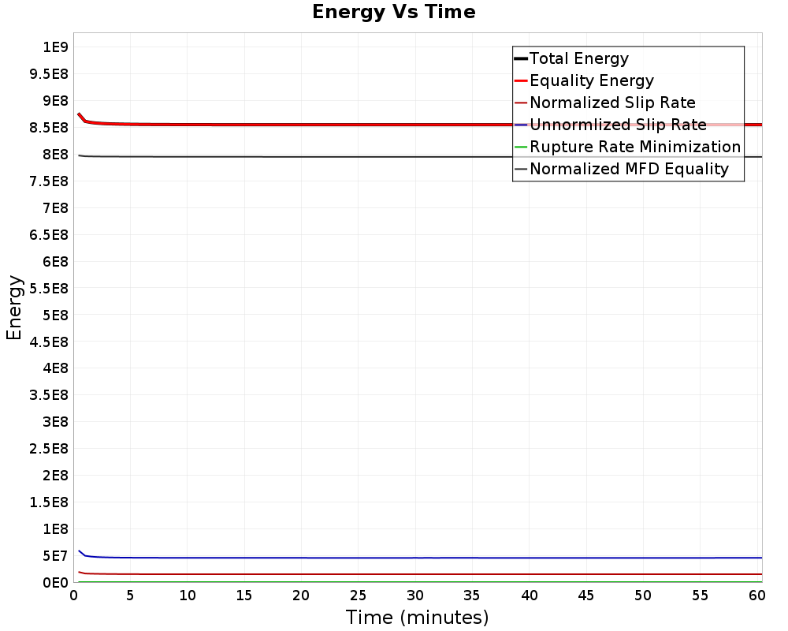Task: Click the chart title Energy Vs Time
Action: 394,13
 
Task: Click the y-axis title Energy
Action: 14,308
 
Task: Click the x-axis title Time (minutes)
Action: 417,617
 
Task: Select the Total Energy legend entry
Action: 578,58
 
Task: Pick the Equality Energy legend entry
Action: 591,80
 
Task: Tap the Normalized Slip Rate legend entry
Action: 612,103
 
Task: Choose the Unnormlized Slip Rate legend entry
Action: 617,125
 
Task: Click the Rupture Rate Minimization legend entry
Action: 634,147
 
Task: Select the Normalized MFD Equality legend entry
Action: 629,169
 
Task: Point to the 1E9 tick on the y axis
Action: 56,47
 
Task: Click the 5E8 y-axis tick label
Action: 56,315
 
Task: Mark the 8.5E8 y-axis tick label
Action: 49,128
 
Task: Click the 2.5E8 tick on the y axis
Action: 49,449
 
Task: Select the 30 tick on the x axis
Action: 415,596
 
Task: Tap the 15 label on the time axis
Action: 244,596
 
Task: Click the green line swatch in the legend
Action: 520,147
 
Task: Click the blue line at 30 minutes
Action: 415,558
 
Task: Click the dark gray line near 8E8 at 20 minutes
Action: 302,157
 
